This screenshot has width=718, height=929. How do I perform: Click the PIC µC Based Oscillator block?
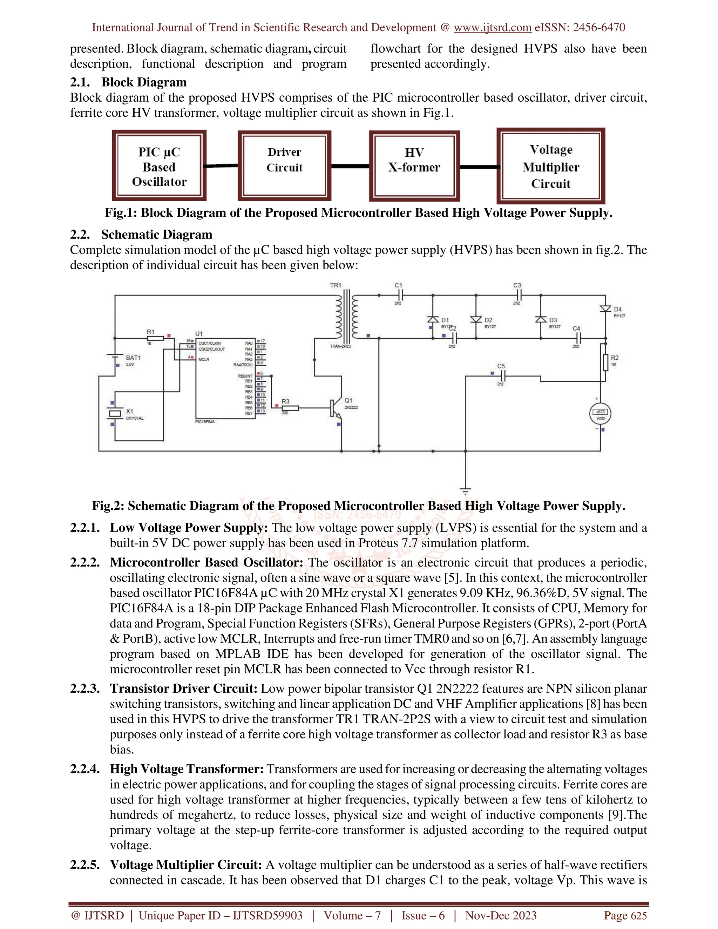[159, 166]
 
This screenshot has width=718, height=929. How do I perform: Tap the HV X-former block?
[414, 166]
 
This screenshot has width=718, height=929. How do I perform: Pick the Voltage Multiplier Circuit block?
[550, 166]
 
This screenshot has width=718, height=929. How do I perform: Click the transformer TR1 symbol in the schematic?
[346, 317]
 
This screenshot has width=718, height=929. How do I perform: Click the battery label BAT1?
[133, 358]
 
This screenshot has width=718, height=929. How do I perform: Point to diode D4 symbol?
[605, 309]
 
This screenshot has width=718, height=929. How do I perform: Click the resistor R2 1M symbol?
[605, 362]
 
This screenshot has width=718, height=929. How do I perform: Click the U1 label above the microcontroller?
[199, 334]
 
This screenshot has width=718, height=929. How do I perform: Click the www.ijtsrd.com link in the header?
[492, 28]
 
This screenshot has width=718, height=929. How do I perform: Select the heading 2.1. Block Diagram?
[128, 82]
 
